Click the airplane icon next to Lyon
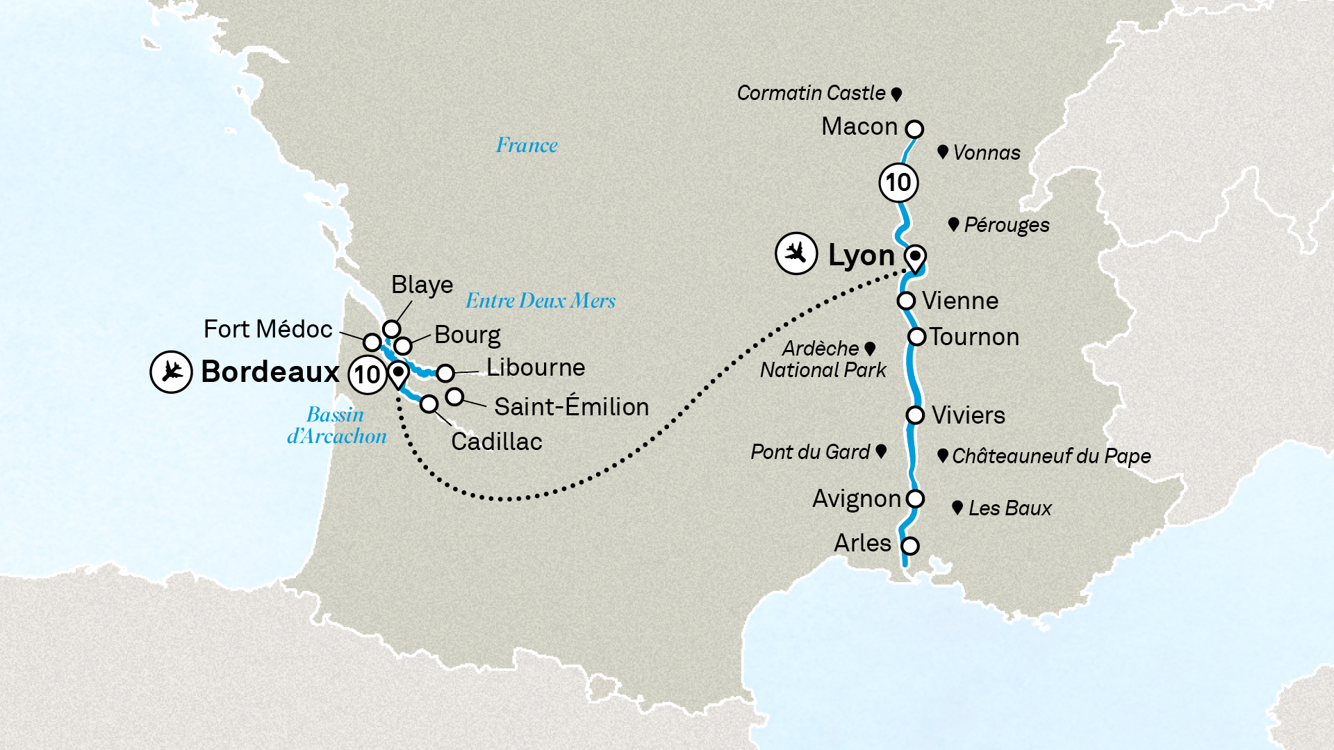click(x=796, y=253)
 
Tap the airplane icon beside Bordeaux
click(x=171, y=372)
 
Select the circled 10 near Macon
click(x=898, y=183)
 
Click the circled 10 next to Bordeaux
click(x=367, y=375)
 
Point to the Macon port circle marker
click(x=915, y=129)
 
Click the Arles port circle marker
click(x=909, y=546)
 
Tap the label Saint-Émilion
click(x=571, y=407)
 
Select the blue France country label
click(x=527, y=145)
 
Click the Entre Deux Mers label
click(x=540, y=301)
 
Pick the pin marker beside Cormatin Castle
click(x=896, y=94)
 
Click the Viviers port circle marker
click(x=915, y=415)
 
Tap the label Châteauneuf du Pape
click(x=1051, y=456)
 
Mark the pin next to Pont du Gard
click(x=881, y=451)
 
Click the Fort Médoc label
click(x=267, y=329)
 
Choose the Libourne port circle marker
click(x=445, y=373)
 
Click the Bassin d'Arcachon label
click(x=337, y=425)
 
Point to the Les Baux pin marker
click(x=957, y=508)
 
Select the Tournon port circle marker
click(x=917, y=337)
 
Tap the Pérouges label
click(x=1006, y=225)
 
